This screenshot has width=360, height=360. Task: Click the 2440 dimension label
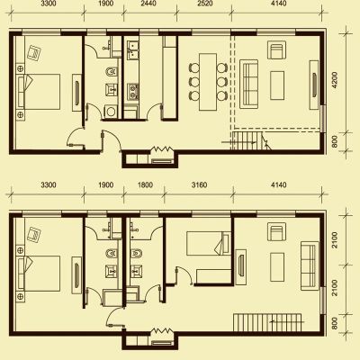coord(148,4)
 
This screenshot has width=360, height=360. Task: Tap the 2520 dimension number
coord(205,4)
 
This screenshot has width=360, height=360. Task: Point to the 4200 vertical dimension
coord(334,80)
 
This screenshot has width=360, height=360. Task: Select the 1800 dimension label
coord(145,184)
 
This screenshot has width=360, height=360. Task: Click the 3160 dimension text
coord(199,184)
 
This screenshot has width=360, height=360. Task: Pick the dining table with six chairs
coord(208,82)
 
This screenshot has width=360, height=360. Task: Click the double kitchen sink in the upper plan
coord(132,49)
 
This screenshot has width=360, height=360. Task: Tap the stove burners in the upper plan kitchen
coord(132,91)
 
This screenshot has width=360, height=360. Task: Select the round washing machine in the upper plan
coord(111,112)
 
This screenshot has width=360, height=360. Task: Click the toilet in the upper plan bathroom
coord(111,72)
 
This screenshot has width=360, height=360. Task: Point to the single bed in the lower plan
coord(209,243)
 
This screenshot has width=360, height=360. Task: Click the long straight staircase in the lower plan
coord(267,322)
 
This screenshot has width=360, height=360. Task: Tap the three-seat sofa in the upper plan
coord(248,84)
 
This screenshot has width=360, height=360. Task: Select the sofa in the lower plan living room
coord(310,265)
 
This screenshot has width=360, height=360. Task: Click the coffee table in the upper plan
coord(277,85)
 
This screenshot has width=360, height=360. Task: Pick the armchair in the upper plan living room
coord(276,50)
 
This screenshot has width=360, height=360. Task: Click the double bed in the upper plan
coord(38,92)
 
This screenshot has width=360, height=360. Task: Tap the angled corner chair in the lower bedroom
coord(34,235)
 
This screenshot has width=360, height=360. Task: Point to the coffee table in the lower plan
coord(277,267)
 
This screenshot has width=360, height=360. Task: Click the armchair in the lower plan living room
coord(276,231)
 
